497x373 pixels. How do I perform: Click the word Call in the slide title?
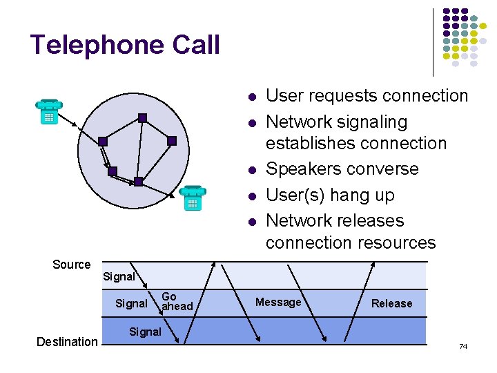tap(196, 45)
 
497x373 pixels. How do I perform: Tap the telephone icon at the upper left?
tap(49, 111)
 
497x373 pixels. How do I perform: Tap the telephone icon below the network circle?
tap(193, 198)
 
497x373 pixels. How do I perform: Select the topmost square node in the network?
tap(142, 117)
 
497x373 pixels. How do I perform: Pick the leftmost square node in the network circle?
tap(102, 142)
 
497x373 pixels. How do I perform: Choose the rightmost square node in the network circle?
tap(172, 141)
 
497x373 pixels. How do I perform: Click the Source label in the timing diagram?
tap(72, 265)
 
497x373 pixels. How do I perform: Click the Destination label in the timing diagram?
tap(67, 341)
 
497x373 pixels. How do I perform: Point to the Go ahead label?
tap(177, 301)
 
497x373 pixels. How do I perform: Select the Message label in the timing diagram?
tap(278, 302)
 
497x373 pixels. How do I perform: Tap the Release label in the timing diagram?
tap(391, 303)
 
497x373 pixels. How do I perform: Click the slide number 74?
tap(463, 345)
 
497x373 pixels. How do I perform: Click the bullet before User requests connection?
tap(253, 97)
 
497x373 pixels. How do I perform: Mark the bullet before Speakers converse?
tap(253, 170)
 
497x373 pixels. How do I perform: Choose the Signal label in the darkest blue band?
tap(145, 332)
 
